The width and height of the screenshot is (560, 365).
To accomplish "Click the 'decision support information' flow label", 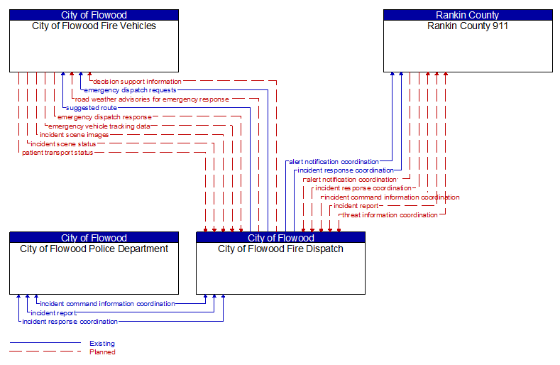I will [x=137, y=82].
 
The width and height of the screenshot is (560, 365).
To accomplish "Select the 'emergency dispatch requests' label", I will [x=130, y=90].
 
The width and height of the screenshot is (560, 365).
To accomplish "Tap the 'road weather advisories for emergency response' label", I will [x=152, y=99].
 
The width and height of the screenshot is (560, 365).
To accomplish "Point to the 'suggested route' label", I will [x=91, y=108].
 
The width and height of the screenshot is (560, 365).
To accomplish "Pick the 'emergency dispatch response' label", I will [x=104, y=117].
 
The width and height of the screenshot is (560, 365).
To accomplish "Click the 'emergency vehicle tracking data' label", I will [x=99, y=126].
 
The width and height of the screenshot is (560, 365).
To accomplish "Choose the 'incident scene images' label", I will [x=75, y=135].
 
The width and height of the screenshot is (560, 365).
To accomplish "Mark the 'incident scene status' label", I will [x=63, y=143].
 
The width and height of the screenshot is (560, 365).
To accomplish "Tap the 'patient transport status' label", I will [x=57, y=153].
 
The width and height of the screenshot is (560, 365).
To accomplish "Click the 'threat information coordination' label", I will [x=390, y=214].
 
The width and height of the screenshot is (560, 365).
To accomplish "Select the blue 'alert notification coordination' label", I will [x=333, y=162].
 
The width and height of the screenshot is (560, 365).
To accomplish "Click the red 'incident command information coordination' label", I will [x=391, y=197].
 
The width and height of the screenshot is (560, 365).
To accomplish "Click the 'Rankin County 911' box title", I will [x=468, y=26].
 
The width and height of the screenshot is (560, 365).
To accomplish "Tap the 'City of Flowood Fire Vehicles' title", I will [x=94, y=26].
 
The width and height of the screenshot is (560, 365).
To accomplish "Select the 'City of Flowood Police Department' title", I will [x=94, y=249].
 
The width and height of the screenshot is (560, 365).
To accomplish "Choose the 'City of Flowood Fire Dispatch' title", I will [x=280, y=249].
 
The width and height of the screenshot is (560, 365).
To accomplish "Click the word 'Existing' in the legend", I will [x=102, y=344].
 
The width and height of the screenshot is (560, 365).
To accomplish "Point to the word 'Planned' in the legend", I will [x=102, y=352].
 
